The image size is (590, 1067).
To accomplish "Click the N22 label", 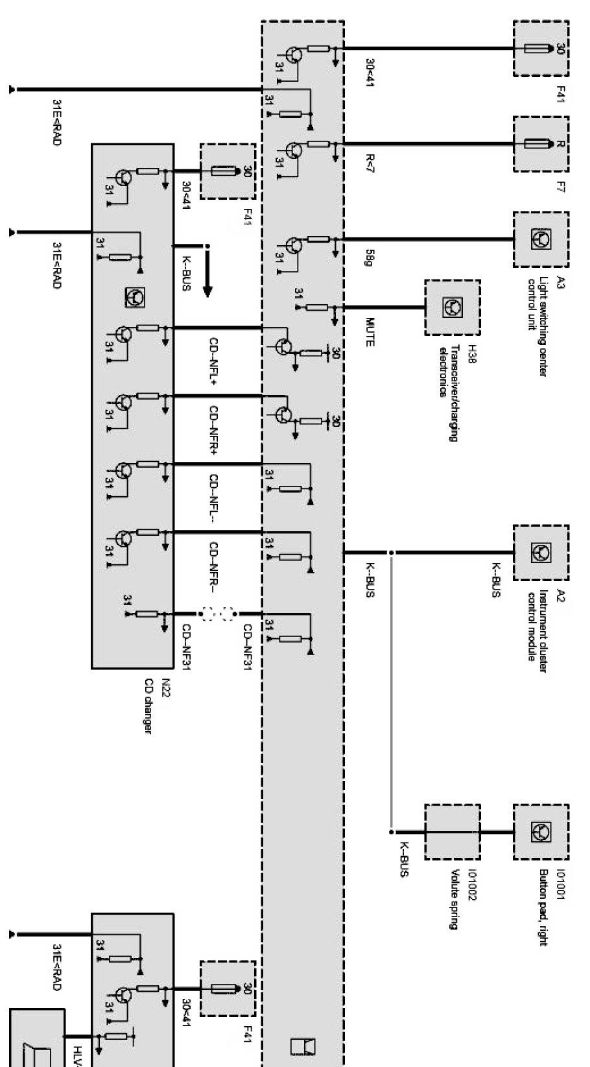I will point(165,685).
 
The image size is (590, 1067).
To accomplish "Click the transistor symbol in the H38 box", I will point(453,307).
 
